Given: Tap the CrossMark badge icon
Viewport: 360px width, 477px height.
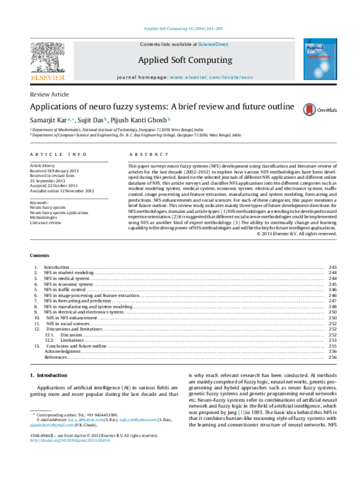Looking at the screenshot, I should [310, 109].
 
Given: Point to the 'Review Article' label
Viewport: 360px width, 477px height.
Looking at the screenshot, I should [49, 95].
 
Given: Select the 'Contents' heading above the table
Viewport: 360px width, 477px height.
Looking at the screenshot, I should [39, 256].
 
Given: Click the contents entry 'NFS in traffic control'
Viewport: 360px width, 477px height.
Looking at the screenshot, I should [65, 289].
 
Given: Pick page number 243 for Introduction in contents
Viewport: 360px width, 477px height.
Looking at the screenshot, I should [332, 267].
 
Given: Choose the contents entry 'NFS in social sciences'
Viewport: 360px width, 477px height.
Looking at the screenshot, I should [67, 323].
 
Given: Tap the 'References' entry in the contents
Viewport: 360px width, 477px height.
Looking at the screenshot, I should [55, 357].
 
